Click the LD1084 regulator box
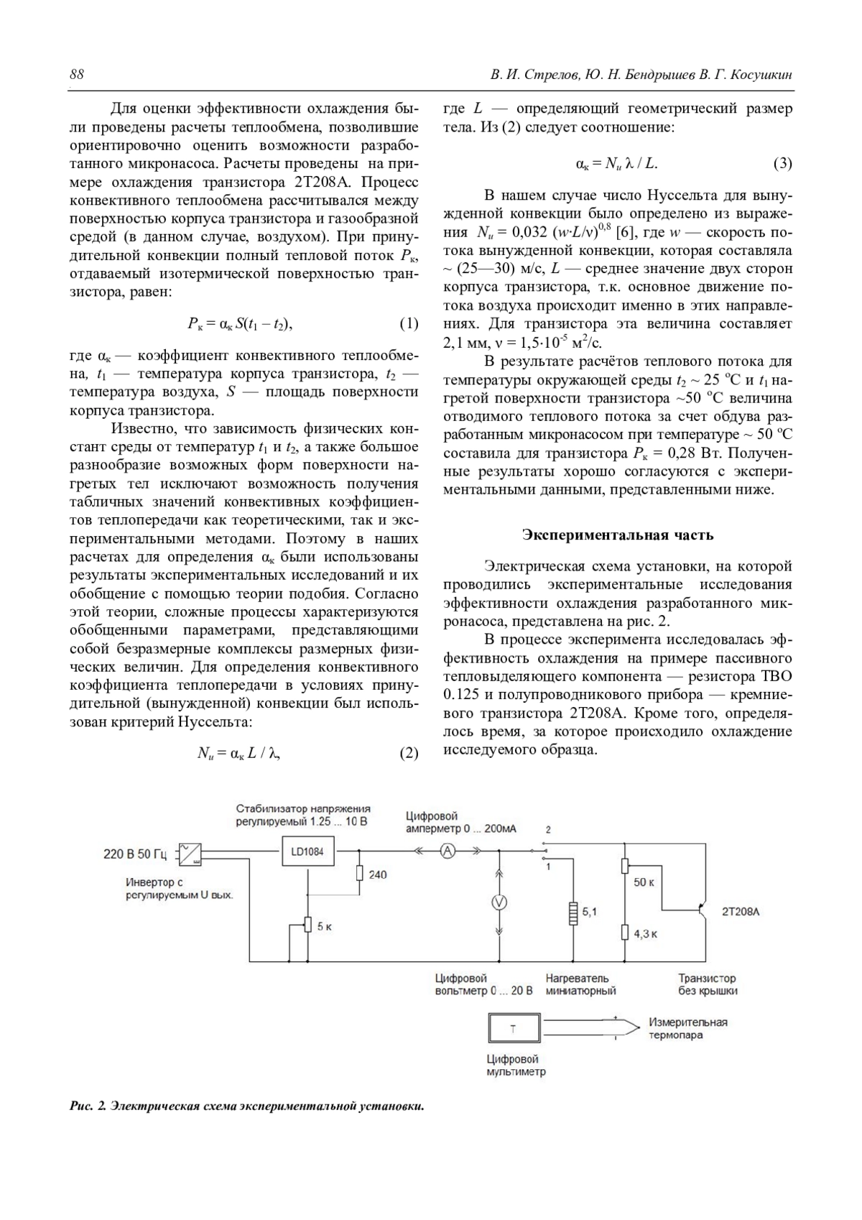click(x=307, y=851)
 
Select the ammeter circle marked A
click(x=448, y=851)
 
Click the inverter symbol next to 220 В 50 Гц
click(x=190, y=853)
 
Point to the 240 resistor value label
click(x=377, y=874)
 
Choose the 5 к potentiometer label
click(x=324, y=926)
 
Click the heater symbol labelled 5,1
click(x=573, y=912)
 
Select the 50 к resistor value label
click(x=644, y=882)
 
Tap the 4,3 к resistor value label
click(x=645, y=934)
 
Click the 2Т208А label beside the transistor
click(x=740, y=912)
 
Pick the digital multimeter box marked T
click(x=513, y=1029)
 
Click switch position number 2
click(x=548, y=829)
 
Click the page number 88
click(x=77, y=75)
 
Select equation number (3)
click(x=782, y=164)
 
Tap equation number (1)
click(x=408, y=323)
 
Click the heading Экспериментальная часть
click(x=618, y=535)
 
